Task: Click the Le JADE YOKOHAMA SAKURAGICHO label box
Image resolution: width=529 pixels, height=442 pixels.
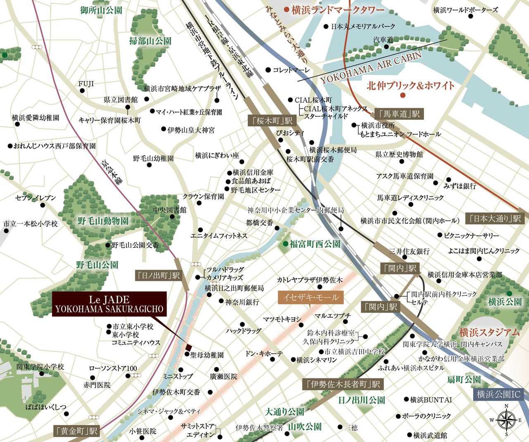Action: point(110,304)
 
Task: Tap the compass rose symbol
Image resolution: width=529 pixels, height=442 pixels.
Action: point(506,420)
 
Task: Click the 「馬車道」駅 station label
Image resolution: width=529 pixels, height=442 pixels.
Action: point(399,114)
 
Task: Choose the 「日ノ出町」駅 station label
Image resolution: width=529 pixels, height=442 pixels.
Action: point(159,276)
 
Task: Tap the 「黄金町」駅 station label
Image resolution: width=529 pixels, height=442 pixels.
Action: point(76,431)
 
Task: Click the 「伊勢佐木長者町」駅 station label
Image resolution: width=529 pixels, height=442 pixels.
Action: point(343,384)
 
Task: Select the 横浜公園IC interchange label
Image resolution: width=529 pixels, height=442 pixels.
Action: point(498,394)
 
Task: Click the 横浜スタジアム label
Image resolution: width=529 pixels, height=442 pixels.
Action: point(489,332)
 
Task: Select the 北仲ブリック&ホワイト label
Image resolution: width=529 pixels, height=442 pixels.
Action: point(410,86)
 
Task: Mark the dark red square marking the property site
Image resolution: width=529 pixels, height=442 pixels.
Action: point(188,347)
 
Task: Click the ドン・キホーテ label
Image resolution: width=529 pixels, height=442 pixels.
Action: point(264,354)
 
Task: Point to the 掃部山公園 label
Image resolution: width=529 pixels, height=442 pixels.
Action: point(150,41)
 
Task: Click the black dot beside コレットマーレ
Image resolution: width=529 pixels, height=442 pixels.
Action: point(268,70)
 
